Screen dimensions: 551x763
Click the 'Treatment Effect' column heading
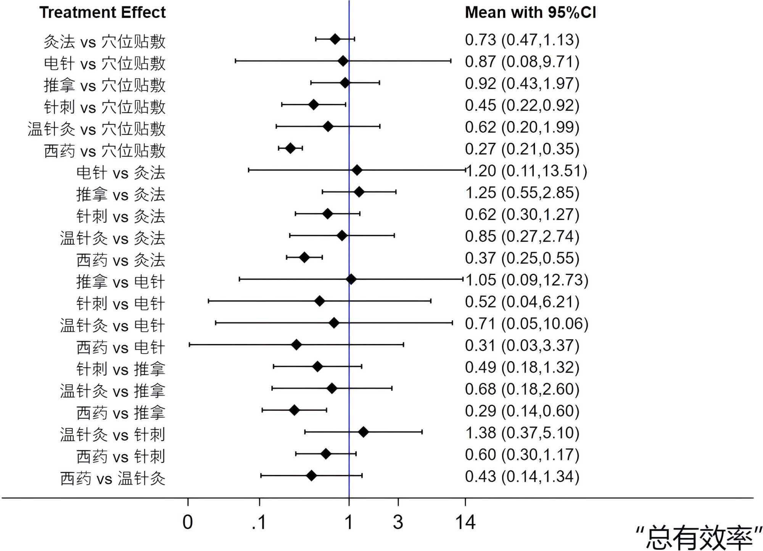102,13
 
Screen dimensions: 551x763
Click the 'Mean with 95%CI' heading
530,13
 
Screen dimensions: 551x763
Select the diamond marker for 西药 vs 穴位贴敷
290,148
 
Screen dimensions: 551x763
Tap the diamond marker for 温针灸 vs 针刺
363,432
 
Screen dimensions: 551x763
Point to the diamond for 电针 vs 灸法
357,170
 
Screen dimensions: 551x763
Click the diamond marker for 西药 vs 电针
296,345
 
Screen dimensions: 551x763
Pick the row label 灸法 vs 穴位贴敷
105,41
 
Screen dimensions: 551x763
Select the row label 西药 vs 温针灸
113,478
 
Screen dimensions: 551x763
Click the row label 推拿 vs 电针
121,282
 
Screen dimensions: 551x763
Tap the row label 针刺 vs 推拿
121,369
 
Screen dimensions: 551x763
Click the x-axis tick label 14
465,522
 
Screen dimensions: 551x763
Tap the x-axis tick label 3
398,522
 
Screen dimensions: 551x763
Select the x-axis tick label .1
259,522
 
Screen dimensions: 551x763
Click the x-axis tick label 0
188,522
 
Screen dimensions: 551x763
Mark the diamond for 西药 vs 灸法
304,257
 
